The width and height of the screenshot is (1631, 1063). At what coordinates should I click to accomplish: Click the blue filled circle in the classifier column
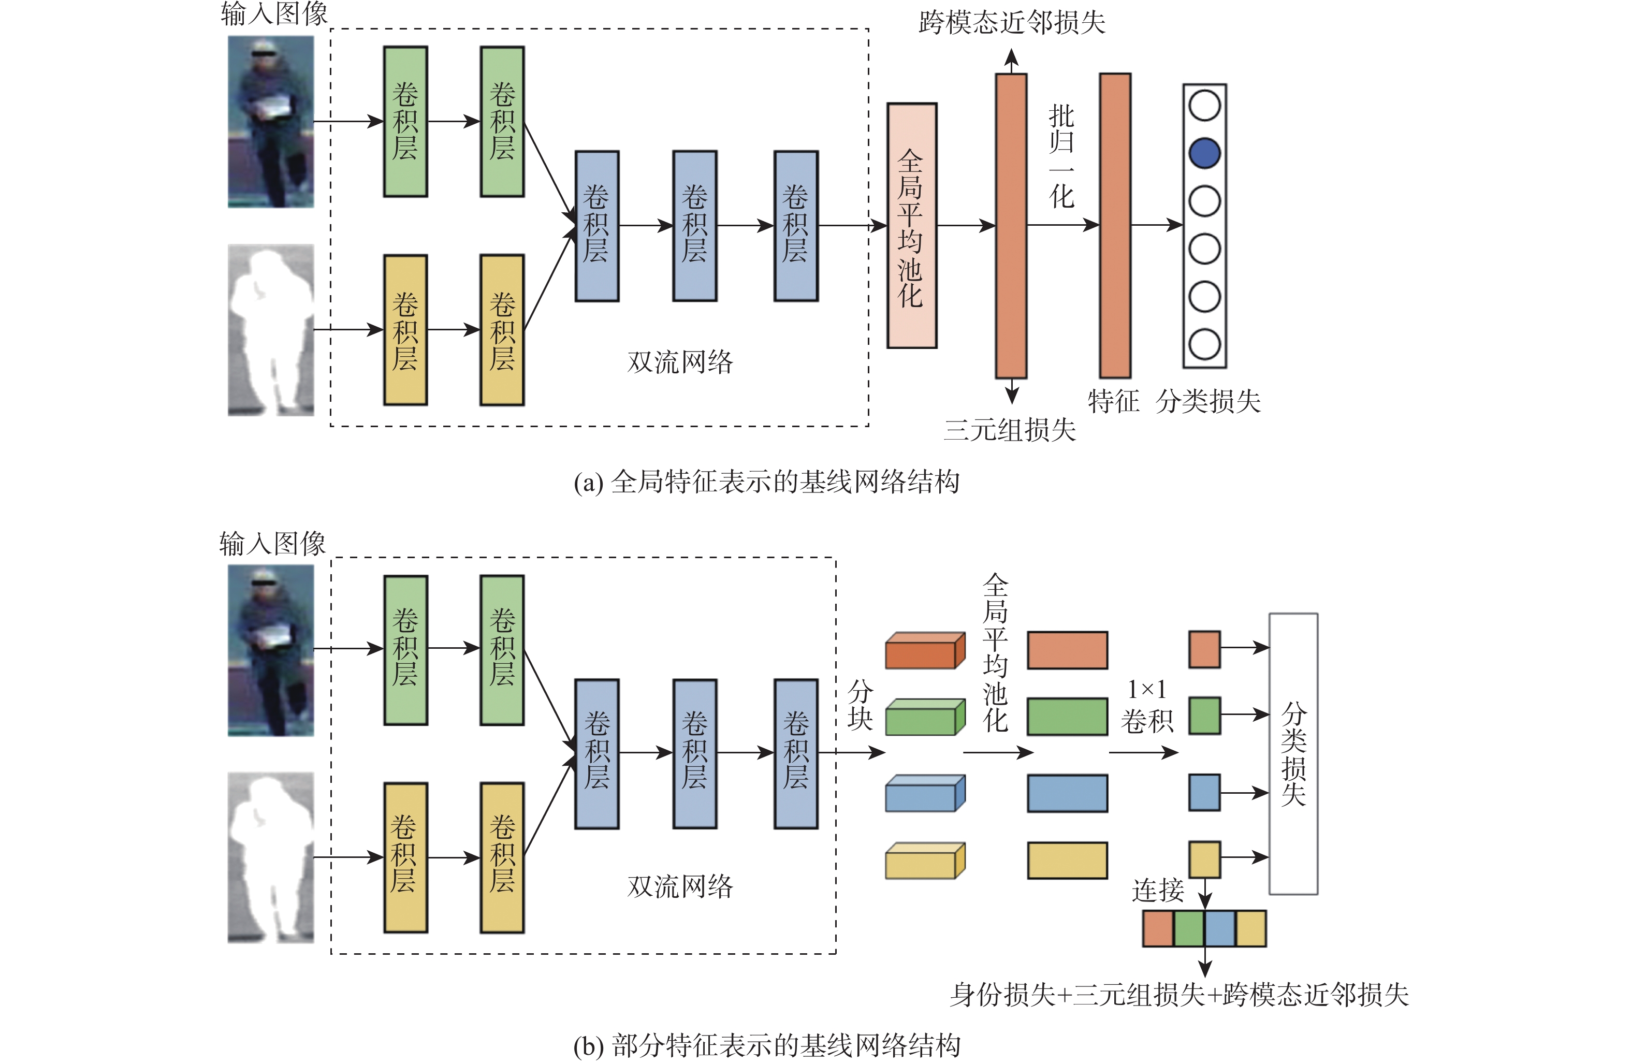[x=1204, y=153]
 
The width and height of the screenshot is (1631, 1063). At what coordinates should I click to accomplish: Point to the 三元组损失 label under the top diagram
[x=1010, y=430]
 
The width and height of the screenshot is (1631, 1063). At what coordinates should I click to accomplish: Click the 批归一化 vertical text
[x=1061, y=157]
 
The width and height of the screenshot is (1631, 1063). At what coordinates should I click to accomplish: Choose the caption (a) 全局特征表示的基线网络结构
[x=766, y=482]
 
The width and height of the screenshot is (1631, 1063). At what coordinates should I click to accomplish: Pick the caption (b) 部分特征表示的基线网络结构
[x=766, y=1045]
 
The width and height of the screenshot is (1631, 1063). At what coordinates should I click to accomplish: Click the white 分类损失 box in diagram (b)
[x=1293, y=753]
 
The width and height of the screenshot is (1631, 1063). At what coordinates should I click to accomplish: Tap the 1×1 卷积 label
[x=1146, y=705]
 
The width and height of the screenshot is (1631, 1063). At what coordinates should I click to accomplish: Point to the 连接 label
[x=1157, y=890]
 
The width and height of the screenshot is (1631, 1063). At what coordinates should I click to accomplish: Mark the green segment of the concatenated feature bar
[x=1189, y=929]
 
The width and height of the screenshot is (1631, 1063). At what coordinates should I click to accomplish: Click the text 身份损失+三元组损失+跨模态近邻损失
[x=1178, y=995]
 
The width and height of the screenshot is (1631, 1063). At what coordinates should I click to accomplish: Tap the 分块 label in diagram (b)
[x=860, y=705]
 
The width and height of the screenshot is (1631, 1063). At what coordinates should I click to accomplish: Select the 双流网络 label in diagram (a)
[x=680, y=362]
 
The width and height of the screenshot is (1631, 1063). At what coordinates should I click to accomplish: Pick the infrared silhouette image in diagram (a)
[x=271, y=330]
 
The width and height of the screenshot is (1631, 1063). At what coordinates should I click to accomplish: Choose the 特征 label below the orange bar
[x=1113, y=401]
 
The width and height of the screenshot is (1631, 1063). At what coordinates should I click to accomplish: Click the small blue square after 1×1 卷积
[x=1204, y=792]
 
